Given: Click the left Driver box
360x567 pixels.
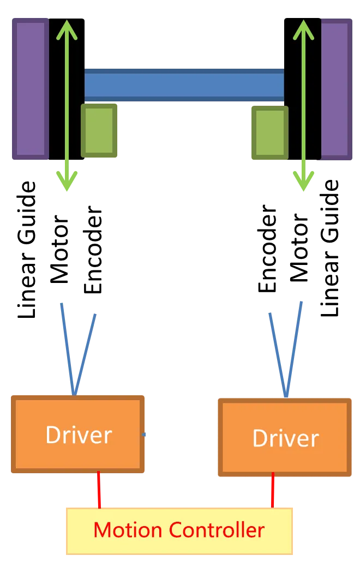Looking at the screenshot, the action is (x=78, y=434).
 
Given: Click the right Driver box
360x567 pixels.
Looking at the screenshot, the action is (x=285, y=438).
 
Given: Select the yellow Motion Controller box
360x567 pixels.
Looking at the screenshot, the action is (x=179, y=531).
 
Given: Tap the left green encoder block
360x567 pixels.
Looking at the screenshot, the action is (x=99, y=130).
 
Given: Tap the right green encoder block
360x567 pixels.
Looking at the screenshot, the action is (x=270, y=132).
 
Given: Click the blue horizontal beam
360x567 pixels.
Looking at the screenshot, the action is (x=184, y=85).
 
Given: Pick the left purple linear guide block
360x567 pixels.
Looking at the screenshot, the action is (x=31, y=89).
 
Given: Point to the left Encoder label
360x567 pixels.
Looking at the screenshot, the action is (x=93, y=250).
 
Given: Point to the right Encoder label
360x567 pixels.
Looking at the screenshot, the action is (x=267, y=249).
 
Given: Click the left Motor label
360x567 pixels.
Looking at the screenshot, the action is (x=59, y=249).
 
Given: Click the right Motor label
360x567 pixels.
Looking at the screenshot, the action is (x=299, y=248).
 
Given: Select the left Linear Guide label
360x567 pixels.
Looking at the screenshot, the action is (x=26, y=250).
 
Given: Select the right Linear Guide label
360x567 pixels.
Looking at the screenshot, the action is (x=329, y=248).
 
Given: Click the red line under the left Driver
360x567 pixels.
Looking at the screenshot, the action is (x=99, y=490).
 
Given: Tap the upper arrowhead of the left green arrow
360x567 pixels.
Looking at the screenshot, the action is (x=67, y=29).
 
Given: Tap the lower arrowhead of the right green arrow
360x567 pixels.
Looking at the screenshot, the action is (x=303, y=181).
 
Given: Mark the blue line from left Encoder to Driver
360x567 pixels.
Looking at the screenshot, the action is (x=85, y=354).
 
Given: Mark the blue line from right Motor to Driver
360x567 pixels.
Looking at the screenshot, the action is (x=294, y=349).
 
